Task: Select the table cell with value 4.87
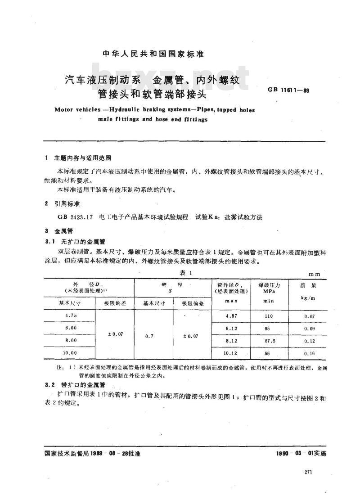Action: pos(230,316)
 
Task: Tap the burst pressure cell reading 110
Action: pos(269,316)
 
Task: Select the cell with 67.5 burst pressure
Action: pos(269,341)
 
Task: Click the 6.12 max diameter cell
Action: pos(230,329)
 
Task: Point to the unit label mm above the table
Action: pos(314,274)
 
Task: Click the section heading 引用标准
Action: pos(66,204)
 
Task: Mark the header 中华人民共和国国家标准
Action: pos(154,54)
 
